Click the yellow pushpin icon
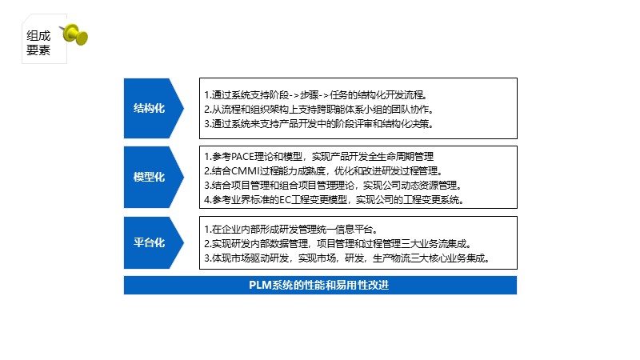coord(77,34)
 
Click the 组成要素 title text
coord(38,42)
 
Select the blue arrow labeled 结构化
coord(150,108)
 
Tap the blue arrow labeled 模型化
coord(150,177)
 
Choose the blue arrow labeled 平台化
coord(150,242)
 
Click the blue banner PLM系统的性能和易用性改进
coord(320,285)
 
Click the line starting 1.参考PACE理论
coord(318,156)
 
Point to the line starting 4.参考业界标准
coord(334,199)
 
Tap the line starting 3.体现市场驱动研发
coord(346,258)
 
